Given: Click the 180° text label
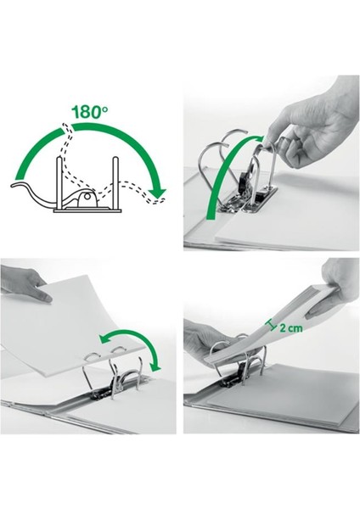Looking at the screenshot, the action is click(x=90, y=112).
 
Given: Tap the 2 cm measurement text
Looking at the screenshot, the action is click(x=290, y=328).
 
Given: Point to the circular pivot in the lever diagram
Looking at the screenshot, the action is click(x=87, y=197).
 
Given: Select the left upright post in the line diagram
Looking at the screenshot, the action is click(x=59, y=182).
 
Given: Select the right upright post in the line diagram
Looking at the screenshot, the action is click(x=115, y=182).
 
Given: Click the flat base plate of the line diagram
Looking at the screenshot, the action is click(x=87, y=210).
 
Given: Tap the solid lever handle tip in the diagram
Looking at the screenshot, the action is click(x=15, y=185).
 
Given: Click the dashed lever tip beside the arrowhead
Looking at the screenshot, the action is click(x=158, y=200).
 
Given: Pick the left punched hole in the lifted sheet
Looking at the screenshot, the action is click(x=93, y=356).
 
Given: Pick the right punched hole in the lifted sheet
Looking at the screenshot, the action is click(x=118, y=350).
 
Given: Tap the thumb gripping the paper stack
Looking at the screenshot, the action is click(x=320, y=310).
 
